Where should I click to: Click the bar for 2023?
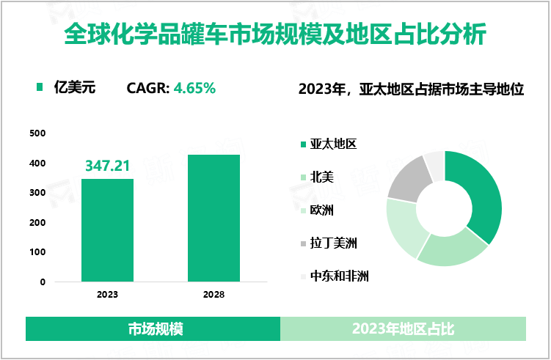107,230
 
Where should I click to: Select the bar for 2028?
214,218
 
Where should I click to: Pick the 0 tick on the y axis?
43,282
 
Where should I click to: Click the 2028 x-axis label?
214,295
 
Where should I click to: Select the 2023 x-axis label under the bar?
107,295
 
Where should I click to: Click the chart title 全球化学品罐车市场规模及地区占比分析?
275,34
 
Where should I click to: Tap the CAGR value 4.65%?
194,89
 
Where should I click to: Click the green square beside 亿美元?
40,89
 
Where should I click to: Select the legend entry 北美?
321,177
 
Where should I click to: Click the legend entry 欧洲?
321,210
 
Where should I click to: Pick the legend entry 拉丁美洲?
333,243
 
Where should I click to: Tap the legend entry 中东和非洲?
339,276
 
